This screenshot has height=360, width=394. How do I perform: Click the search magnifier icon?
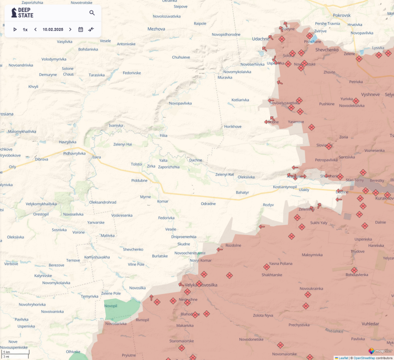(92, 13)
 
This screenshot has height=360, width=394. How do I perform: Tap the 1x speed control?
(25, 29)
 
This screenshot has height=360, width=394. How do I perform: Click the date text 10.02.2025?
(53, 29)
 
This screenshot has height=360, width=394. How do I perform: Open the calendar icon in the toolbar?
(81, 29)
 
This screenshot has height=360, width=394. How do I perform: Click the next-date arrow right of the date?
(70, 29)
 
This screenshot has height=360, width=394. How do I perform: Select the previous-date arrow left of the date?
(35, 29)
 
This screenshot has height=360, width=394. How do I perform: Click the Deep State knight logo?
(14, 12)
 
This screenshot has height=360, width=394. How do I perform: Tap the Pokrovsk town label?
(341, 15)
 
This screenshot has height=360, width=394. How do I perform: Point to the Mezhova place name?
(156, 29)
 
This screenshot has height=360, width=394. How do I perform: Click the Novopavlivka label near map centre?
(181, 103)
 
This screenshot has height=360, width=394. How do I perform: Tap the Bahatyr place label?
(242, 192)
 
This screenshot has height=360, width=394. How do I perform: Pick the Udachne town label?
(260, 38)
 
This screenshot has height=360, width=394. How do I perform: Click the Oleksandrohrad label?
(103, 202)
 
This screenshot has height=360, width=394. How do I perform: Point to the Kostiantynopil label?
(285, 186)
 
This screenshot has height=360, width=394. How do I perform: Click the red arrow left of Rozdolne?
(219, 249)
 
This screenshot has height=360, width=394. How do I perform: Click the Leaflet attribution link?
(343, 357)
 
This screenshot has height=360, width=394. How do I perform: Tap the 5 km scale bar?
(15, 352)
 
